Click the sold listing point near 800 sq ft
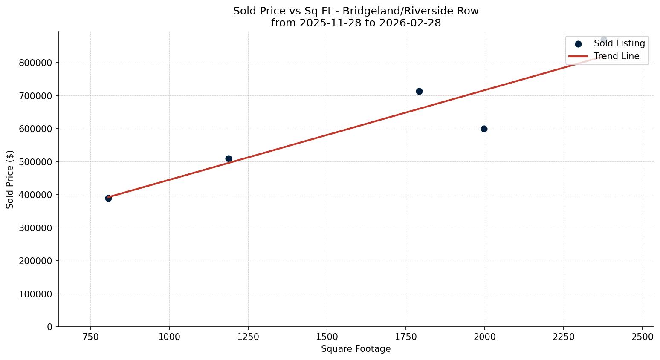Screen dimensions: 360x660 tap(108, 198)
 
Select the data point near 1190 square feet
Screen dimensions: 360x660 tap(229, 158)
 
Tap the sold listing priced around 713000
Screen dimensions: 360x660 tap(419, 91)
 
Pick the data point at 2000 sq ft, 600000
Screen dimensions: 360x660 tap(484, 129)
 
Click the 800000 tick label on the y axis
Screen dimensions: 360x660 tap(35, 63)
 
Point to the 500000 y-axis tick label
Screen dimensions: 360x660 tap(35, 162)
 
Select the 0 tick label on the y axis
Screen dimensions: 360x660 tap(49, 327)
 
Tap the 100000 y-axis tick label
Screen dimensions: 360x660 tap(35, 294)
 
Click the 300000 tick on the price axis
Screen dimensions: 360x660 tap(35, 228)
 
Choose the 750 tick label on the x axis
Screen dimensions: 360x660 tap(90, 337)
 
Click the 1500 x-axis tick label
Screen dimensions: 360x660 tap(327, 337)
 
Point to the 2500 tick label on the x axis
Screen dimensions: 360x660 tap(643, 337)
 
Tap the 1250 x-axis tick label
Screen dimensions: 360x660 tap(248, 337)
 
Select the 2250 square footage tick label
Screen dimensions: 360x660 tap(564, 337)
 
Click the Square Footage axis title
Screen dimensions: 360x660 tap(356, 349)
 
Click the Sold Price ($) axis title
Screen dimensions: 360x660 tap(10, 179)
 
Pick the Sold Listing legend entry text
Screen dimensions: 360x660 tap(619, 43)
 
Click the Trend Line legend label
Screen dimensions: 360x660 tap(617, 56)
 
